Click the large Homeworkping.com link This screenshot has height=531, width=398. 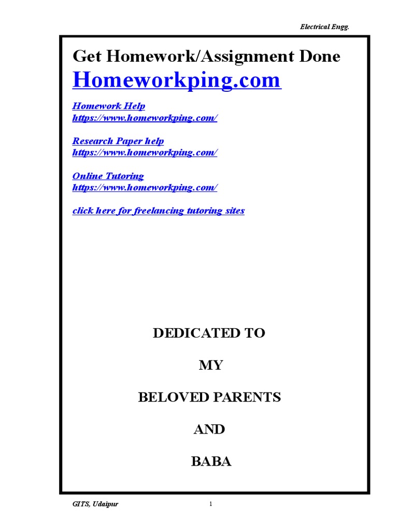[177, 80]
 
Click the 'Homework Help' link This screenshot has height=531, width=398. [109, 106]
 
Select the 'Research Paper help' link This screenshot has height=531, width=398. [118, 141]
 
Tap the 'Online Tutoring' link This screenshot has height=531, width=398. [108, 176]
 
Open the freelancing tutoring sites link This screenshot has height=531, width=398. [159, 211]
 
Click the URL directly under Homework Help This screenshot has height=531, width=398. [145, 118]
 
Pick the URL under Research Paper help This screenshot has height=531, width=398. [145, 152]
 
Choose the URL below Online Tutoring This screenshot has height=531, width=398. [145, 188]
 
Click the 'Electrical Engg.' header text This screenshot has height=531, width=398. [325, 27]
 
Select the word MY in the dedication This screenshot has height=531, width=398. [211, 366]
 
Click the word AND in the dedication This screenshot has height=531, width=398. [209, 430]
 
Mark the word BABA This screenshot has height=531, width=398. [211, 462]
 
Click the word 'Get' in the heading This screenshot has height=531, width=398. [85, 57]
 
